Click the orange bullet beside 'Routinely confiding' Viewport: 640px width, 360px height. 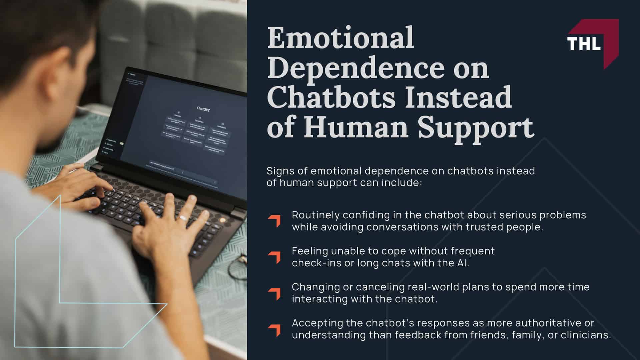[x=275, y=221]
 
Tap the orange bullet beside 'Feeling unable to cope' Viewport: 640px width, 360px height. [x=275, y=257]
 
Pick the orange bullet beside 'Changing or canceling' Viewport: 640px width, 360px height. [x=275, y=293]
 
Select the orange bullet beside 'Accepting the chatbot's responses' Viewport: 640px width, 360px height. [x=275, y=330]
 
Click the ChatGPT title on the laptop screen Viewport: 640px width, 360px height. [x=203, y=109]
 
